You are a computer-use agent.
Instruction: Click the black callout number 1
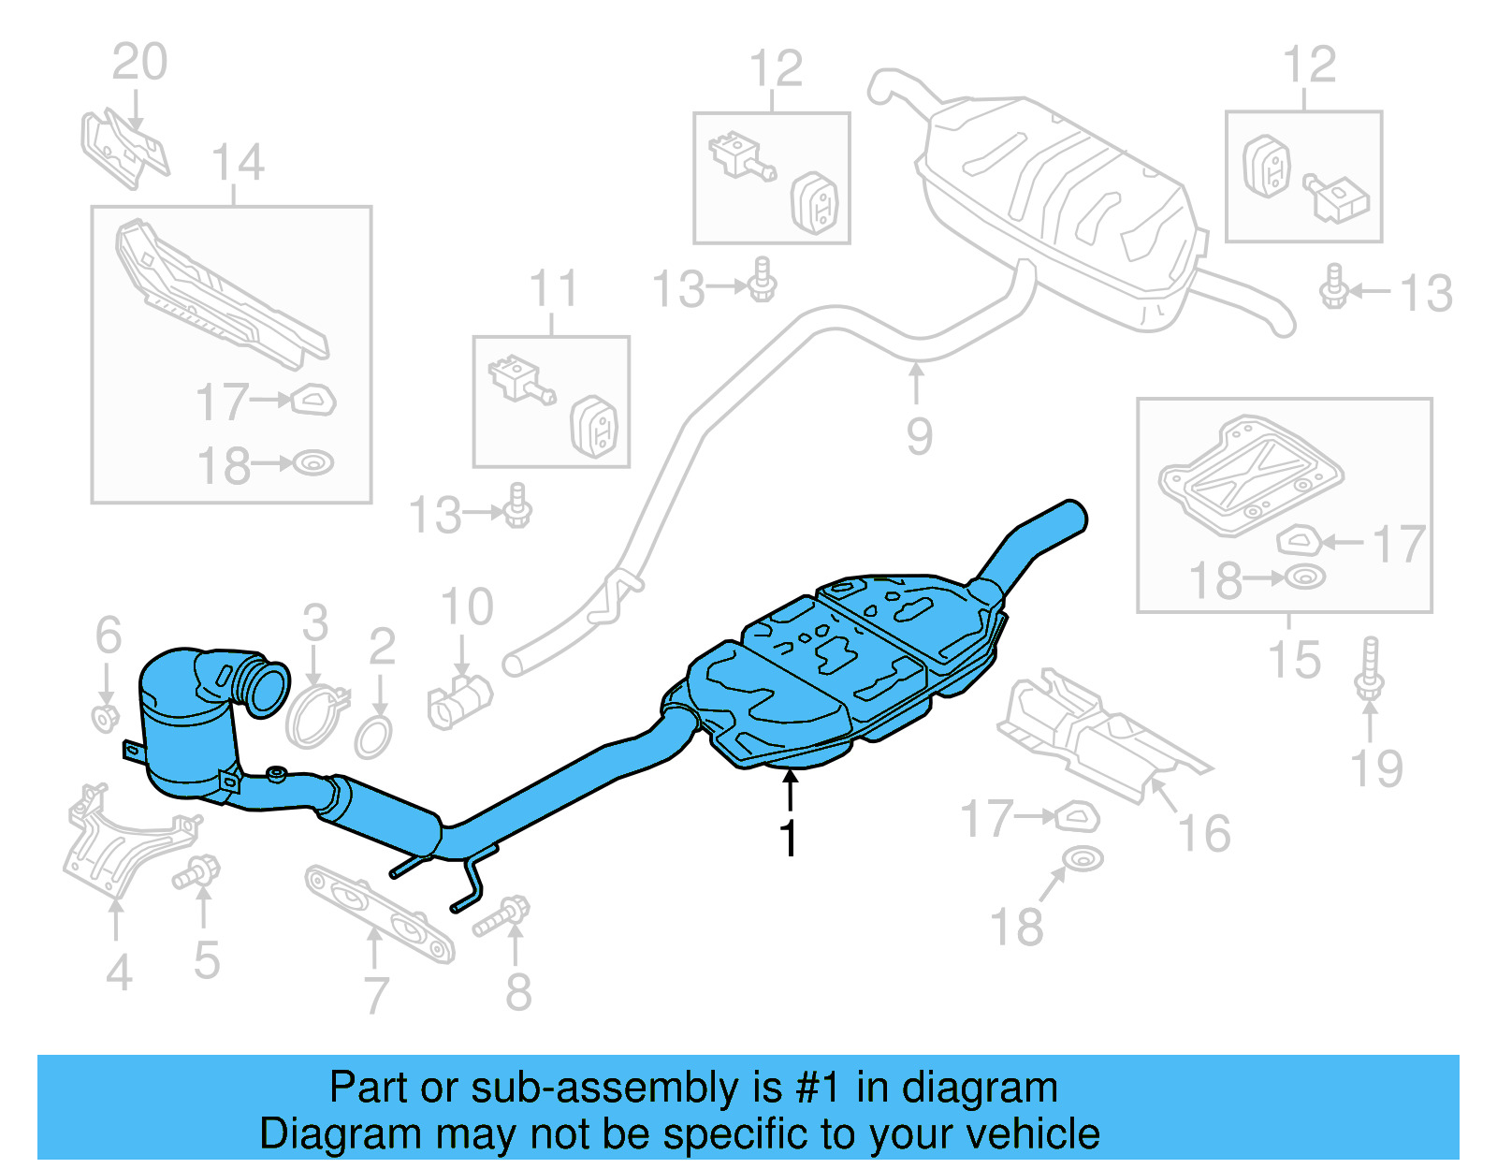790,837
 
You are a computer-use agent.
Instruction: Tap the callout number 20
140,63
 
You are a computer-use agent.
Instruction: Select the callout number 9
919,437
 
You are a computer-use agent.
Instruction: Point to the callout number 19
1376,769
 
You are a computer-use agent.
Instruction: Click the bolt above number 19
1370,668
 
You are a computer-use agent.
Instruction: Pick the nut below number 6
106,719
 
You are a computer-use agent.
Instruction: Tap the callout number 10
467,607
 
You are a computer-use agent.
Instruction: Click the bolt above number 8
502,916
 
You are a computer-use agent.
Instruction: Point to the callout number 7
376,994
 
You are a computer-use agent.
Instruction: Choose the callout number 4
118,973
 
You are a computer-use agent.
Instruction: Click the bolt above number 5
196,873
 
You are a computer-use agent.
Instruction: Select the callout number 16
1204,834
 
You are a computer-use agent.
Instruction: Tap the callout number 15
1294,660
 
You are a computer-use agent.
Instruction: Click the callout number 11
553,289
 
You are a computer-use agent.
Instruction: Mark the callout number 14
238,163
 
